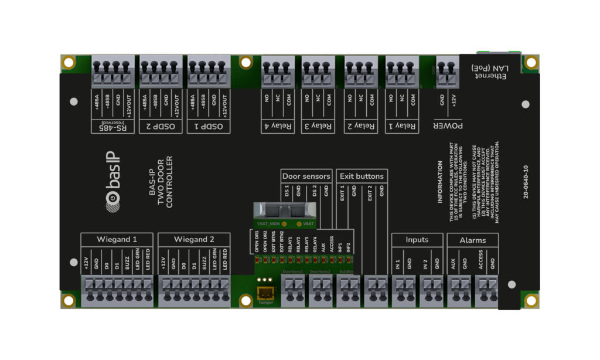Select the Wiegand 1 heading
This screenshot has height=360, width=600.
pos(117,239)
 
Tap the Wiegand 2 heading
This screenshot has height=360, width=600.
pos(194,239)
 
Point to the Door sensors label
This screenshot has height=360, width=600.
pos(306,176)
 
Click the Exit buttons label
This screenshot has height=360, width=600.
pos(362,176)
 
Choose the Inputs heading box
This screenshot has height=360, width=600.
pos(417,239)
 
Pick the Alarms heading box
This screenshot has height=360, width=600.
pos(472,240)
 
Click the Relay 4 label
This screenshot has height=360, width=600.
pos(278,126)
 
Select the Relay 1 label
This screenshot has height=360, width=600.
pos(402,126)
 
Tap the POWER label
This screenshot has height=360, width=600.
pos(448,126)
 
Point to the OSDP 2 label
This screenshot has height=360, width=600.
pos(161,126)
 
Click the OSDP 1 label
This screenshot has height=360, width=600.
pos(209,126)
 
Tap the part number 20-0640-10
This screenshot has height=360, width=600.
pos(526,181)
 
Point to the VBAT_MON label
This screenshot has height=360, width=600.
pos(269,224)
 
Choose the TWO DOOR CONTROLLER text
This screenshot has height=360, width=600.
pos(161,182)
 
